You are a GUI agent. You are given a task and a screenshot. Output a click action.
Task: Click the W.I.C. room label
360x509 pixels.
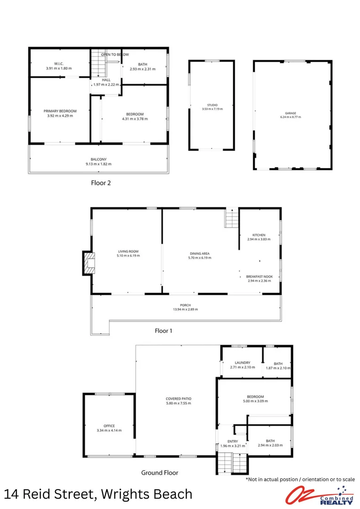tap(59, 64)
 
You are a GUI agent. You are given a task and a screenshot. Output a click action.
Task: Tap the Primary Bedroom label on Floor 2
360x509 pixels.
tap(60, 111)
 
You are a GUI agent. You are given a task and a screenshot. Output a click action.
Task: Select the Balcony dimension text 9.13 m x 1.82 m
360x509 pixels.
tap(98, 164)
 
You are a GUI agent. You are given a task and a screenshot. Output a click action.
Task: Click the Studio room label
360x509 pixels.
tap(212, 105)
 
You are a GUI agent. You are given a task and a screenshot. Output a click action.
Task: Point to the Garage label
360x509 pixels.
tap(290, 113)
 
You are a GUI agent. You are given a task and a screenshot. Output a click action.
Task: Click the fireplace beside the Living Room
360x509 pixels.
tap(88, 263)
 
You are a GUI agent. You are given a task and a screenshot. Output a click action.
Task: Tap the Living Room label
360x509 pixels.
tap(128, 251)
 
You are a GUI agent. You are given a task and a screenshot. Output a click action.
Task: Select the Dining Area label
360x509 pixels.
tap(199, 254)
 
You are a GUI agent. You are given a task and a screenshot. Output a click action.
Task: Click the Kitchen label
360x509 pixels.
tap(259, 235)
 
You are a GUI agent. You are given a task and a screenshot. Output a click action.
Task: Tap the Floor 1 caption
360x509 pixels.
tap(164, 331)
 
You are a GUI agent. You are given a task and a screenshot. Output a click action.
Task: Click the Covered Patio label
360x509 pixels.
tap(179, 399)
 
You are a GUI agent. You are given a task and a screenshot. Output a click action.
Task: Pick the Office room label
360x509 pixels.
tap(109, 426)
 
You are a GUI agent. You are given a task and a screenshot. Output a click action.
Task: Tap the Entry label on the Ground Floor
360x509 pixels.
tap(233, 441)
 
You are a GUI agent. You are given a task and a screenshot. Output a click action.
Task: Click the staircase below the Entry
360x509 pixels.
tap(232, 463)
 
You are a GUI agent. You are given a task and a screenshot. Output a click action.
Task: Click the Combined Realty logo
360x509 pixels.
tap(320, 494)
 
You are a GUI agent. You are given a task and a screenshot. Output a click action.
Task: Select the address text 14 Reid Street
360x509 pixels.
tap(47, 494)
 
